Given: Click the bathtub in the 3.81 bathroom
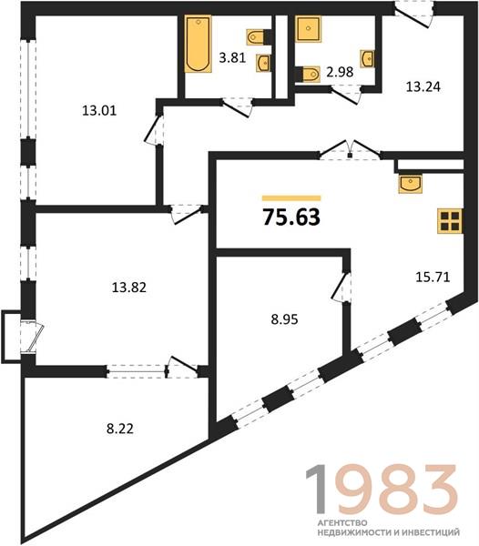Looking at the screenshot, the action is (x=198, y=44).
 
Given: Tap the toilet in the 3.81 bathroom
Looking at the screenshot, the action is (x=256, y=37).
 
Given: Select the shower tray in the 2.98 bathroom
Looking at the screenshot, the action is (x=308, y=28).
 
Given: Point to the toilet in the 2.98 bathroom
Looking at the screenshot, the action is (x=310, y=75).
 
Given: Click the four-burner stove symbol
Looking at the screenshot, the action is (x=450, y=221).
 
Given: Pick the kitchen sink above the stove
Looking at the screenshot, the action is (x=411, y=184).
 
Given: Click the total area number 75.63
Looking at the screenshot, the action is (x=291, y=217).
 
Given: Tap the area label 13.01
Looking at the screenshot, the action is (x=99, y=111).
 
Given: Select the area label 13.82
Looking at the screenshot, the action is (x=129, y=288).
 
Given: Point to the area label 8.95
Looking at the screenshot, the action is (x=284, y=319).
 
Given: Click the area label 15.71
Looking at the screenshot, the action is (x=433, y=278).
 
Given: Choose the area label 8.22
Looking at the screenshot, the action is (x=120, y=429).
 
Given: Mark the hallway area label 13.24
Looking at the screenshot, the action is (x=423, y=86).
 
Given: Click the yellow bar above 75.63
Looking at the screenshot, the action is (x=291, y=198).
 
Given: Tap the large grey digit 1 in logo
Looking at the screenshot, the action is (x=317, y=489).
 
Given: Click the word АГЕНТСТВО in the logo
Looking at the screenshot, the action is (x=342, y=522).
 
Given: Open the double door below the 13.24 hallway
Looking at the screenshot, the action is (x=350, y=150).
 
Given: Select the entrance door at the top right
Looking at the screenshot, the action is (x=413, y=14).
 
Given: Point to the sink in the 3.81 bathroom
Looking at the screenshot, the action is (x=264, y=63).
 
